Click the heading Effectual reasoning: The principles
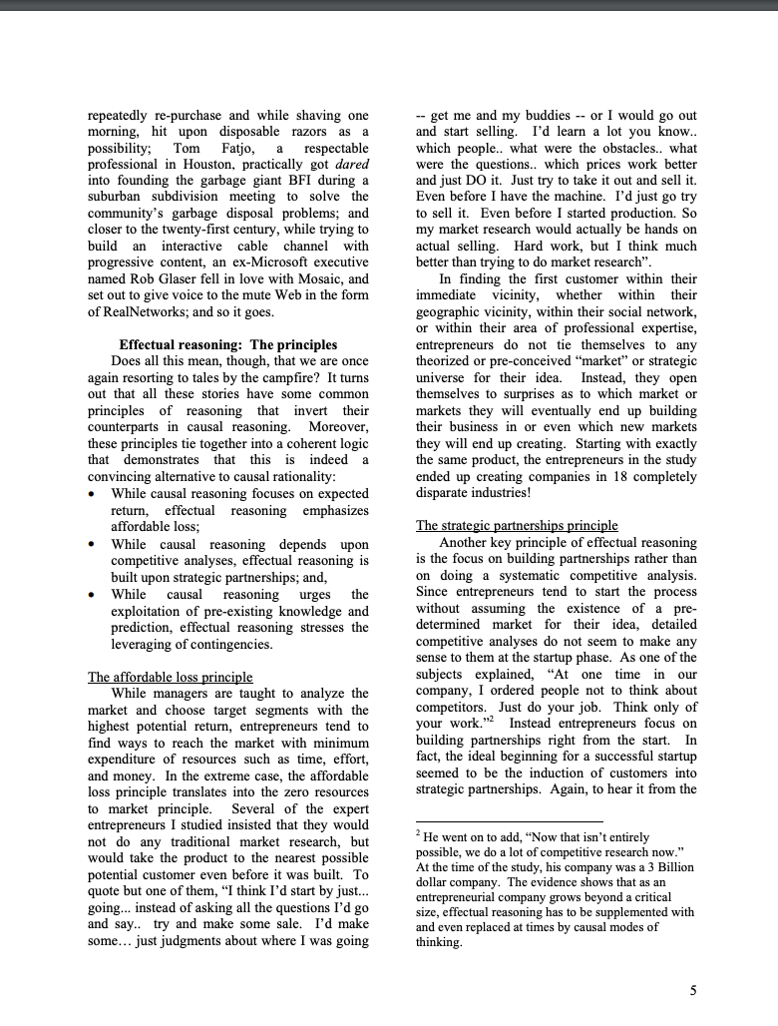pos(228,344)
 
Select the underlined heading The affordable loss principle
pos(171,677)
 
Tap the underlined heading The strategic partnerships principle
pos(517,526)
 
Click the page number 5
pos(693,990)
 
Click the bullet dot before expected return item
pos(93,493)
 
